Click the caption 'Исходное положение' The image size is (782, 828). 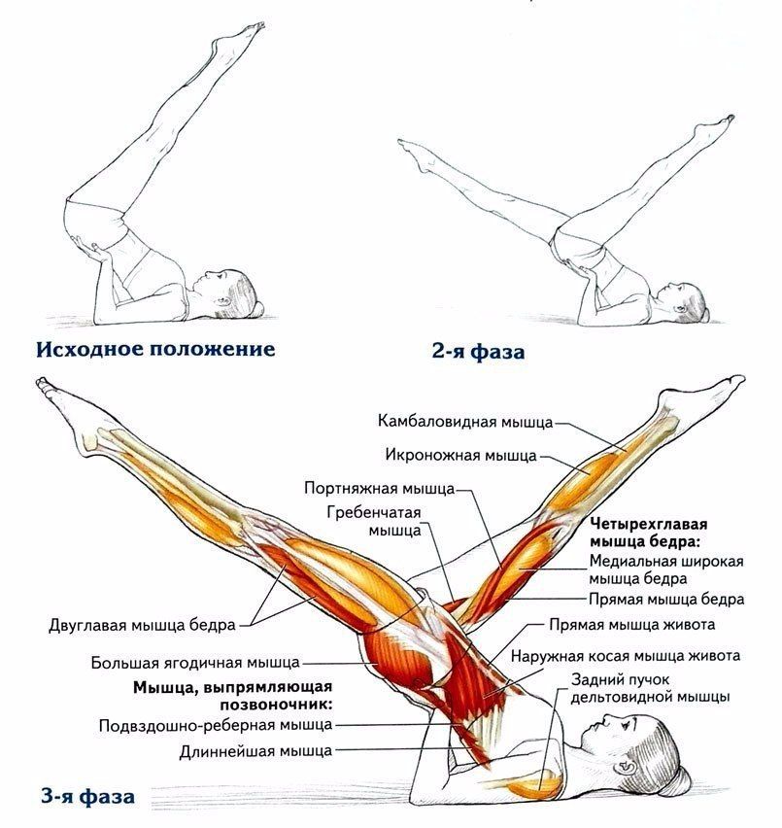155,350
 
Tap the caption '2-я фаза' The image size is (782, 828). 478,351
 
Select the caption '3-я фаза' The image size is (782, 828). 87,796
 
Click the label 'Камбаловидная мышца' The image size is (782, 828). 465,422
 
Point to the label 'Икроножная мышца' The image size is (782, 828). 460,455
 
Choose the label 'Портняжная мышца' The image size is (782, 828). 380,489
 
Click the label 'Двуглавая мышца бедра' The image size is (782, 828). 142,625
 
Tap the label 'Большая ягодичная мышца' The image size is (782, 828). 195,663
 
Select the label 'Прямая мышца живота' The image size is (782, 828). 632,625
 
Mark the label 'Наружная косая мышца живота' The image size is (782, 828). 626,656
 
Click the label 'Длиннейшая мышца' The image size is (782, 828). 255,751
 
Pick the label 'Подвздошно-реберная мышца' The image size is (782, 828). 216,726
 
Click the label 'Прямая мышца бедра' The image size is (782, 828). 666,600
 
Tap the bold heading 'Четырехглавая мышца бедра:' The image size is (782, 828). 649,534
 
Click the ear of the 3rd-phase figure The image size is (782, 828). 628,764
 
